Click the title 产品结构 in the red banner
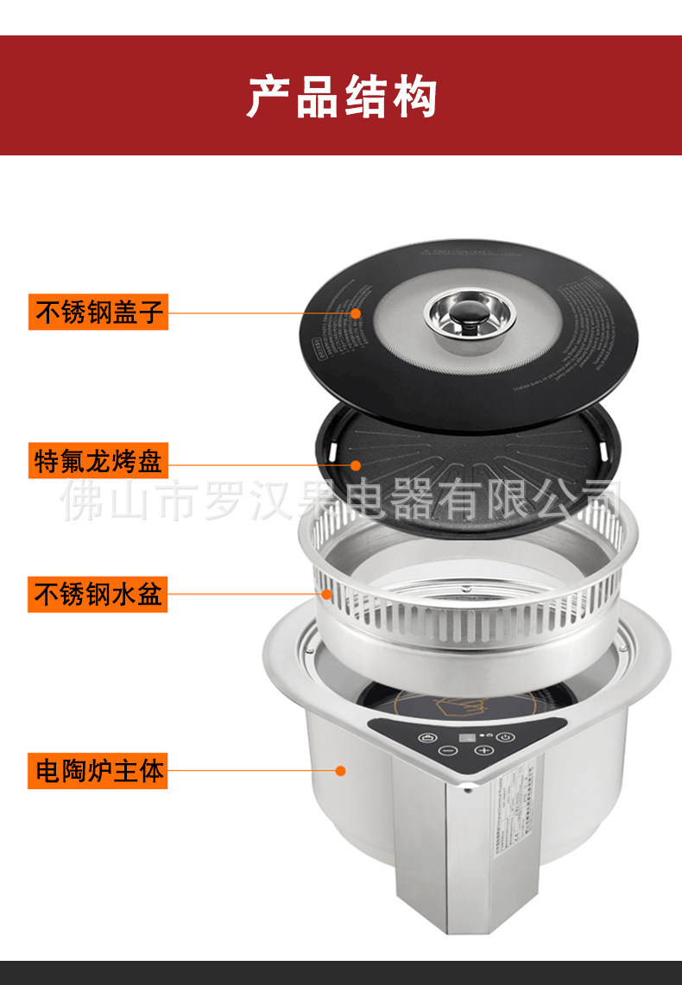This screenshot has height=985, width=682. click(341, 96)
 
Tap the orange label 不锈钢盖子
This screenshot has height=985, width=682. click(99, 311)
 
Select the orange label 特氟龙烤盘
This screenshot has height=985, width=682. click(98, 461)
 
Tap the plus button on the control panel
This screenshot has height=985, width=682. click(483, 750)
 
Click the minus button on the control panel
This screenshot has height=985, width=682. click(447, 750)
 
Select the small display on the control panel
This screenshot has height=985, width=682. click(467, 738)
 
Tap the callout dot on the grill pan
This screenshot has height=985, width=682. click(356, 464)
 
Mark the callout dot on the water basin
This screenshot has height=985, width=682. click(327, 594)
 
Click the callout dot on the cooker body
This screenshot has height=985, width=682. click(342, 769)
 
